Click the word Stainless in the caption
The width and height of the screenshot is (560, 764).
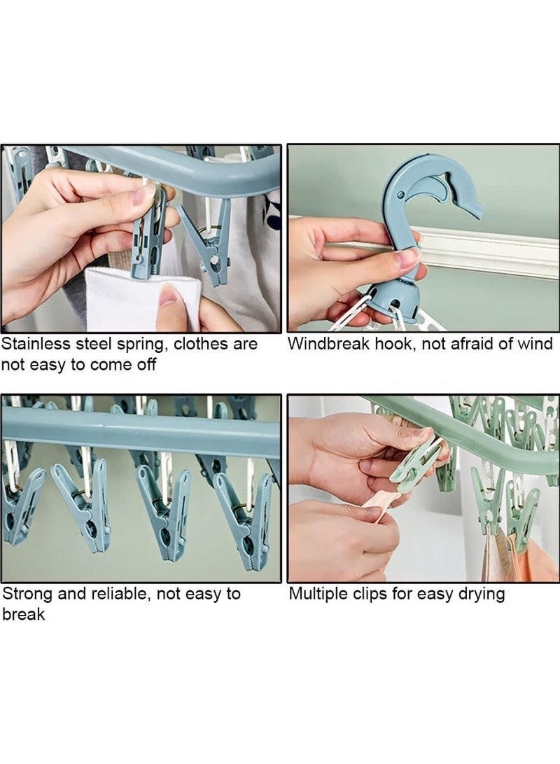click(x=32, y=344)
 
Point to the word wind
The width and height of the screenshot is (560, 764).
click(x=535, y=344)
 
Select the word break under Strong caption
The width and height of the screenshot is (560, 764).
click(x=23, y=614)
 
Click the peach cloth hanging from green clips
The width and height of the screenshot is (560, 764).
click(x=535, y=557)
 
